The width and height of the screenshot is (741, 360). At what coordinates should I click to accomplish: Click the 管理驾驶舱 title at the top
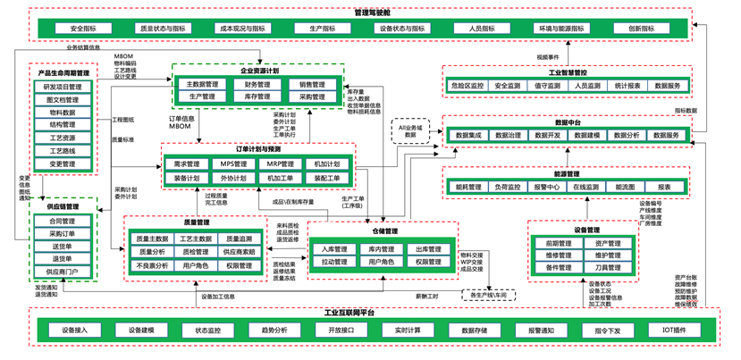pyautogui.click(x=370, y=13)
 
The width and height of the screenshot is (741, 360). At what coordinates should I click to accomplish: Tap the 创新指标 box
pyautogui.click(x=642, y=29)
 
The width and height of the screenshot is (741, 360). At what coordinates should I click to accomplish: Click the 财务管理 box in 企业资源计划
pyautogui.click(x=257, y=85)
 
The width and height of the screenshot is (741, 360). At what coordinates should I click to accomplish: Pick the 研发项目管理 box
pyautogui.click(x=63, y=88)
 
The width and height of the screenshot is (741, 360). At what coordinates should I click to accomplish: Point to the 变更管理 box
pyautogui.click(x=63, y=164)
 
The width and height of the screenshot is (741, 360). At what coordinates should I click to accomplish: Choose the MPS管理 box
pyautogui.click(x=234, y=164)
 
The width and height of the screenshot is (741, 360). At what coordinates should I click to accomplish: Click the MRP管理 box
pyautogui.click(x=281, y=164)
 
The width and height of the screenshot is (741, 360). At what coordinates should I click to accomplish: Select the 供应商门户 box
pyautogui.click(x=63, y=272)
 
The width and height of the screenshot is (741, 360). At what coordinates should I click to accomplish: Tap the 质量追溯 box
pyautogui.click(x=239, y=239)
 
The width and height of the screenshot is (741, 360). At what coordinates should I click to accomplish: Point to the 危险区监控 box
pyautogui.click(x=467, y=86)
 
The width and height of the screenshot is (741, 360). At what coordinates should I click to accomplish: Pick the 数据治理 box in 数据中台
pyautogui.click(x=508, y=136)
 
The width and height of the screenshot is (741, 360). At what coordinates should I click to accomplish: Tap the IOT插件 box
pyautogui.click(x=675, y=331)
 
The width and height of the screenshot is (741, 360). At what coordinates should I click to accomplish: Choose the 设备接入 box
pyautogui.click(x=75, y=331)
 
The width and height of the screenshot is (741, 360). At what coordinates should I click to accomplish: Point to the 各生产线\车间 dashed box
pyautogui.click(x=488, y=295)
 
